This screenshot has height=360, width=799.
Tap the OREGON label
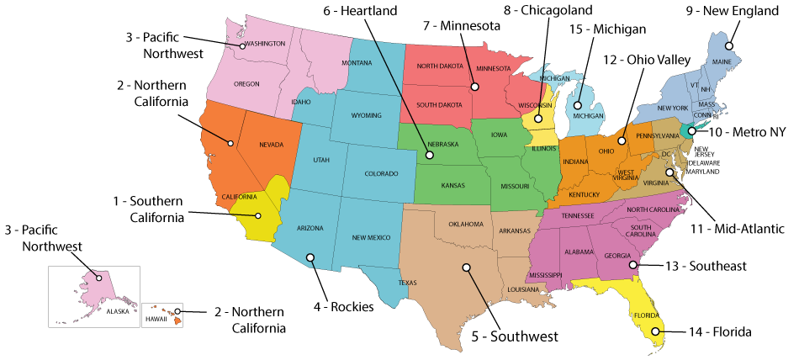(x=246, y=84)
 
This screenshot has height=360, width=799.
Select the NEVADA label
(x=271, y=145)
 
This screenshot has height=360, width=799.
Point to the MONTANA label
(x=357, y=63)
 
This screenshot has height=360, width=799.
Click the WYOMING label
(x=366, y=115)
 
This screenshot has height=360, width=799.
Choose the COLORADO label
(x=381, y=173)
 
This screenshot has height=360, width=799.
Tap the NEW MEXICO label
(x=372, y=237)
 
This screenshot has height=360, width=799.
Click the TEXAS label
(x=407, y=283)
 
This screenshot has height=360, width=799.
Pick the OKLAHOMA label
(x=465, y=224)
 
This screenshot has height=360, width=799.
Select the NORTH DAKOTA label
(x=439, y=66)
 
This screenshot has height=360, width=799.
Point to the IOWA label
(x=499, y=134)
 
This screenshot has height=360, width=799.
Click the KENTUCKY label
(x=585, y=195)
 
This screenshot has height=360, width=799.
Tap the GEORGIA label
(x=617, y=256)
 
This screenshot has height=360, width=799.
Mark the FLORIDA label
(x=647, y=315)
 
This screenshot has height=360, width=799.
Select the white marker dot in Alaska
(x=98, y=278)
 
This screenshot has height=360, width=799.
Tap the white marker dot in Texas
(x=466, y=267)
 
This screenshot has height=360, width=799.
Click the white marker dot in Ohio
(x=621, y=140)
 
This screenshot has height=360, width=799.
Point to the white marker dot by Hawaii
(x=177, y=312)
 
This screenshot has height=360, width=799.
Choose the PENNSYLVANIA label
(x=658, y=135)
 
